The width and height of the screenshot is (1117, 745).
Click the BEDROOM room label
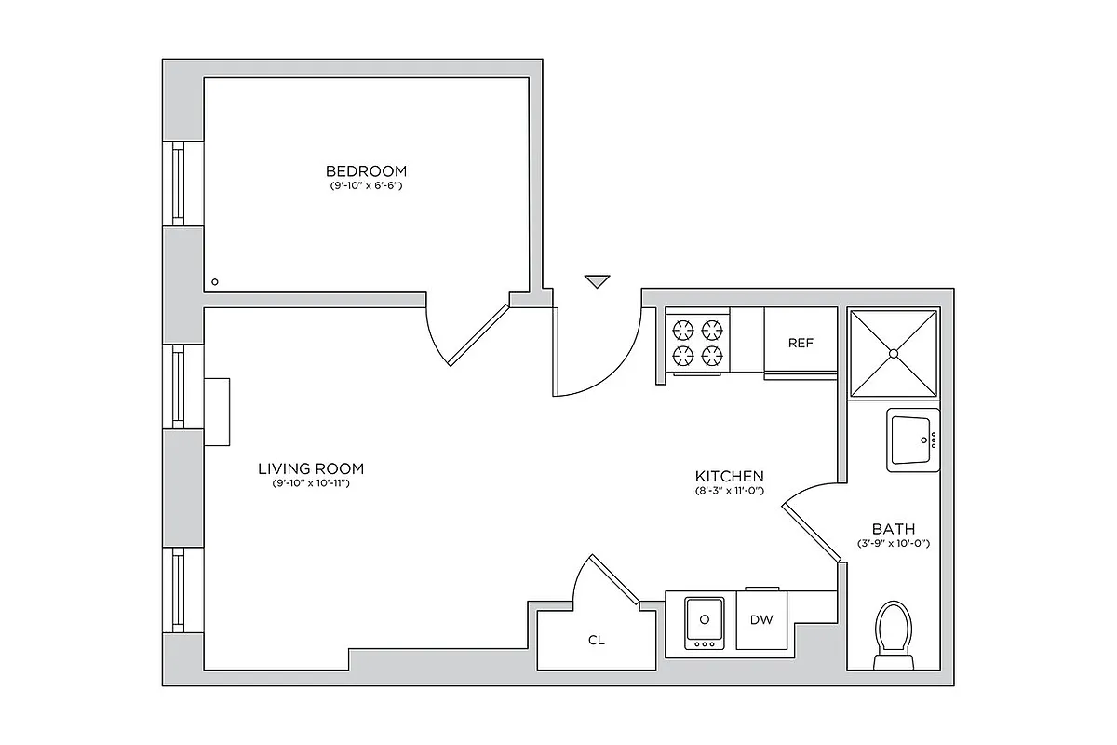(x=366, y=170)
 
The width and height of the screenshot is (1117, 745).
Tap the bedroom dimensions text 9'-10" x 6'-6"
(x=366, y=186)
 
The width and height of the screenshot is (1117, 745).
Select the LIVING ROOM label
(x=311, y=468)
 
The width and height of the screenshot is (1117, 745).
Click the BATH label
(x=893, y=528)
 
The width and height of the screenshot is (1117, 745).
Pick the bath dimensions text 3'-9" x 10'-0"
(x=893, y=543)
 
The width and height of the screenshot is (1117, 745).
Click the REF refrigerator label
(x=801, y=343)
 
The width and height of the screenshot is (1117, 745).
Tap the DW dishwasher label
(x=761, y=618)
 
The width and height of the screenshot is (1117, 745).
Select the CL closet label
(x=596, y=640)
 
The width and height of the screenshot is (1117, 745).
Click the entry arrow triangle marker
(x=597, y=281)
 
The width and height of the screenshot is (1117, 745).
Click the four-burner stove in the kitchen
(x=697, y=342)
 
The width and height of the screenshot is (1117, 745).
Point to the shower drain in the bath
(x=893, y=353)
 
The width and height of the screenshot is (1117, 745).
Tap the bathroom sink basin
(x=911, y=440)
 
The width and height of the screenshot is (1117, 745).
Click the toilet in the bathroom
(x=894, y=633)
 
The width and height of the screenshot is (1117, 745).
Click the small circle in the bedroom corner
(x=215, y=281)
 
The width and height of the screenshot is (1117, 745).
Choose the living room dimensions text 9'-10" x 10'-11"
(x=311, y=484)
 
